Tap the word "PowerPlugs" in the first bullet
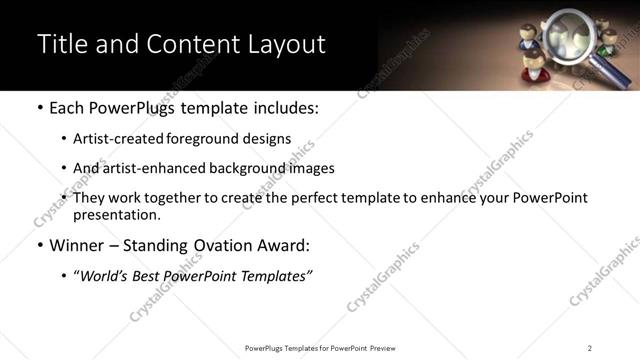124,108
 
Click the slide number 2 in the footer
589,348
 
